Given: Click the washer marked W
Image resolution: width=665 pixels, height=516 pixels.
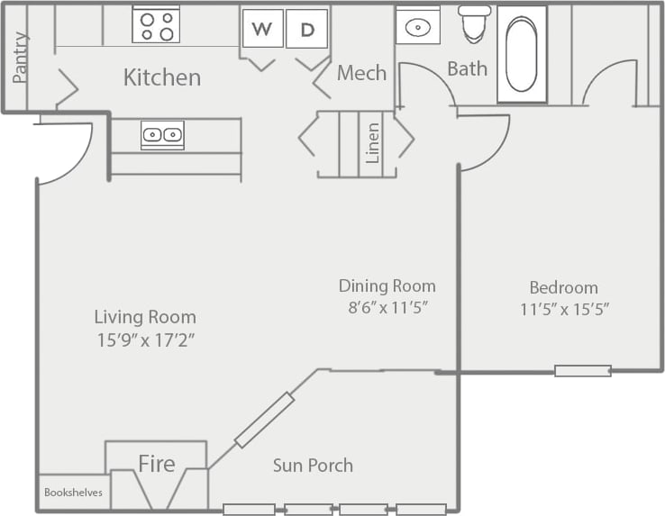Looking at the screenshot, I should click(x=262, y=29).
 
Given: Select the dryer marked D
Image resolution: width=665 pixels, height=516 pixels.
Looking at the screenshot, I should click(x=306, y=29).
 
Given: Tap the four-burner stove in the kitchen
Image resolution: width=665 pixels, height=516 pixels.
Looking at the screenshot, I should click(x=156, y=25).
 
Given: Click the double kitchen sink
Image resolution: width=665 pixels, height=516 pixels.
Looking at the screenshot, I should click(x=162, y=135).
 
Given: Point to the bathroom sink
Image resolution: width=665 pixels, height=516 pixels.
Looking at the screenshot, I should click(x=418, y=27).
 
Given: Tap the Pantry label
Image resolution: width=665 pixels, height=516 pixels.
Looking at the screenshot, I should click(x=20, y=57).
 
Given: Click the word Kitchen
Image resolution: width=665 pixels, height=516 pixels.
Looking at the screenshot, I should click(x=161, y=77).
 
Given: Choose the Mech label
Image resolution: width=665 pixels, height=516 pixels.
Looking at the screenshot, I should click(x=361, y=73).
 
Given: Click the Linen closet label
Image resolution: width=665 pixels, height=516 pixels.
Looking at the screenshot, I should click(x=372, y=142).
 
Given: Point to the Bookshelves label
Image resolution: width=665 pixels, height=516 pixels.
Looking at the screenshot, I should click(x=73, y=493).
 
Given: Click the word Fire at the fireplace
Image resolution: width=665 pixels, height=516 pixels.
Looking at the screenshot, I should click(x=156, y=465).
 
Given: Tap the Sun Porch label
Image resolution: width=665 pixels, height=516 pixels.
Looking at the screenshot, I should click(x=313, y=466).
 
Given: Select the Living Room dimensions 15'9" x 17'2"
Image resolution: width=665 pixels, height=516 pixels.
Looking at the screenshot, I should click(x=145, y=340).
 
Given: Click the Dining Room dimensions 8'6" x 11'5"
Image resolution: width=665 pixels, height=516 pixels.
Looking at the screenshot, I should click(x=387, y=307).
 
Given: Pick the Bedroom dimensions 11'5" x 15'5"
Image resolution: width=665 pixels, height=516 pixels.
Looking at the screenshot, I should click(x=564, y=309).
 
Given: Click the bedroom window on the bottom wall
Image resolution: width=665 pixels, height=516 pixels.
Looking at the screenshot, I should click(x=582, y=370).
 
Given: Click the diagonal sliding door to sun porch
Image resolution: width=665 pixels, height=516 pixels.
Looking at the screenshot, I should click(x=264, y=420).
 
